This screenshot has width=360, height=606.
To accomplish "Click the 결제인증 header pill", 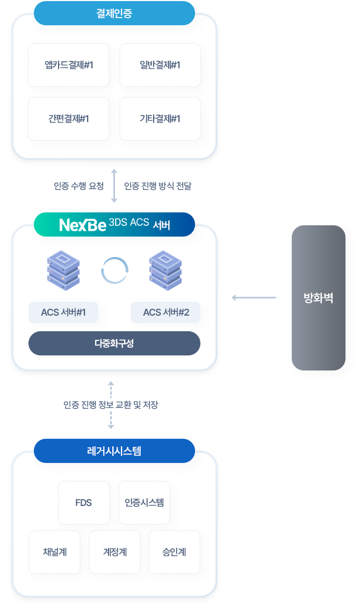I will coord(114,13).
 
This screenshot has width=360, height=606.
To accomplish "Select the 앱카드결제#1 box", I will coord(69,65).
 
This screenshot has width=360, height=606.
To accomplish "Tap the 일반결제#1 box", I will coord(160,65).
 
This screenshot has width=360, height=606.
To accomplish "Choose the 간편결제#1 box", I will coord(69,119).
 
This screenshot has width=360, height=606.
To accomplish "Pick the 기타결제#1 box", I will coord(160,119).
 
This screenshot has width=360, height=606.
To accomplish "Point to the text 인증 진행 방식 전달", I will coord(157,187).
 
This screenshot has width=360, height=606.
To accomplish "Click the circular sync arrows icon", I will coord(114,270).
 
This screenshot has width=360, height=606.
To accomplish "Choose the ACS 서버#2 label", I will coord(166,312).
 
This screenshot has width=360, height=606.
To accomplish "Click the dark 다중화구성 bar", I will coord(114,344).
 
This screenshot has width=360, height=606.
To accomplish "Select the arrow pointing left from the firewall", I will coord(254,297).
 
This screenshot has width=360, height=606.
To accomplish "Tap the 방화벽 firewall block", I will coord(318,298).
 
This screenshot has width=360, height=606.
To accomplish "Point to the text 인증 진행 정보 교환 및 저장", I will coord(111,405).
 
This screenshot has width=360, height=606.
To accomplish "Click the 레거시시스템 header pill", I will coord(114,451).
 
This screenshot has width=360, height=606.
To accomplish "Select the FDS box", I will coord(84,503).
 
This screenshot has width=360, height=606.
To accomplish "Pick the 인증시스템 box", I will coord(144,503).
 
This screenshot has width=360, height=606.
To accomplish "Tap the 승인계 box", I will coord(174,552).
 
